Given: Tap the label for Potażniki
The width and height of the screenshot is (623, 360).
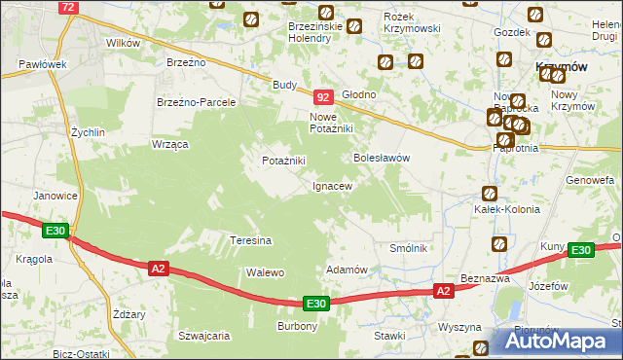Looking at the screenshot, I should point(283,161).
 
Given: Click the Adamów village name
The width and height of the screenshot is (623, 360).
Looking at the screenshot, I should point(346,270).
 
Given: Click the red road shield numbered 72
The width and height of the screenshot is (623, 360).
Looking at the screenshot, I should point(67,7).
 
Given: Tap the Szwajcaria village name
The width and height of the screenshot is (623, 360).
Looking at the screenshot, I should point(203,336).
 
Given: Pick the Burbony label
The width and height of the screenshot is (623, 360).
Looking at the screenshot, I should point(297,326).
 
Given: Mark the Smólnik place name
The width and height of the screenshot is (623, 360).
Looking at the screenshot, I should point(409,248).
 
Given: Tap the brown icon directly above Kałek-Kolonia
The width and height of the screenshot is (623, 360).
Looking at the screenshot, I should point(489,193).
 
